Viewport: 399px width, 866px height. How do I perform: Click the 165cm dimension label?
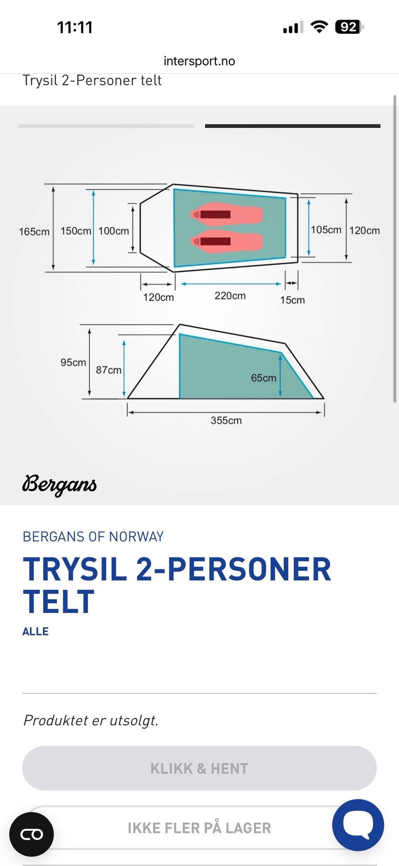coord(34,231)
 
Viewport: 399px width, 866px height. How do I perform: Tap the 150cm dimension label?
coord(76,231)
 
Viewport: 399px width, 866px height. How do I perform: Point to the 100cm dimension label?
coord(113,231)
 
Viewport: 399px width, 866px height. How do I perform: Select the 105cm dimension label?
coord(326,230)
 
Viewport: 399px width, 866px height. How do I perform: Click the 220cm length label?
coord(230,295)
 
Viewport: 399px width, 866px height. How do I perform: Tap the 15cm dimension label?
coord(292,300)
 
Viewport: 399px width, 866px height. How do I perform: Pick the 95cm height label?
coord(73,362)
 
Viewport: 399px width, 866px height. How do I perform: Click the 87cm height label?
coord(108,370)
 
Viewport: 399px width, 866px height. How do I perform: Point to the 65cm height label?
coord(264,378)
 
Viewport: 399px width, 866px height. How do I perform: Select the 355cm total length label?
coord(226,420)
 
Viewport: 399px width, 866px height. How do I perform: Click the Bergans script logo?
coord(59,485)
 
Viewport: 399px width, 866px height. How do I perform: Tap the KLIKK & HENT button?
coord(199,768)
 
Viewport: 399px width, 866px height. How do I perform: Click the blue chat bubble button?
coord(358,825)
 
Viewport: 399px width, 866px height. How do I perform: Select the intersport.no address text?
coord(199,61)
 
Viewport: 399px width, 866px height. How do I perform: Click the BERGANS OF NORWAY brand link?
coord(93,537)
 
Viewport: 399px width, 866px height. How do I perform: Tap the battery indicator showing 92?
coord(349,27)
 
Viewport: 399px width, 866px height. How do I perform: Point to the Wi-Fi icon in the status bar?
coord(319,27)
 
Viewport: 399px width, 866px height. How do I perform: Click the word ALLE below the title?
coord(35,631)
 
